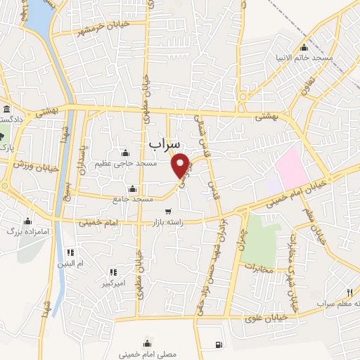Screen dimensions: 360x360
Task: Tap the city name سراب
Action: click(x=164, y=143)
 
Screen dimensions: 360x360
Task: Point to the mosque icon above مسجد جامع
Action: click(x=133, y=188)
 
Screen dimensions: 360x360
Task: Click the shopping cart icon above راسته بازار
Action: click(x=168, y=211)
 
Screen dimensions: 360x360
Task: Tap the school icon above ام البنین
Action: click(x=70, y=252)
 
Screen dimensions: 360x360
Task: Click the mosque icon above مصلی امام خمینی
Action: click(x=147, y=342)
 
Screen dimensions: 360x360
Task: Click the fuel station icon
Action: click(x=218, y=345)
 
